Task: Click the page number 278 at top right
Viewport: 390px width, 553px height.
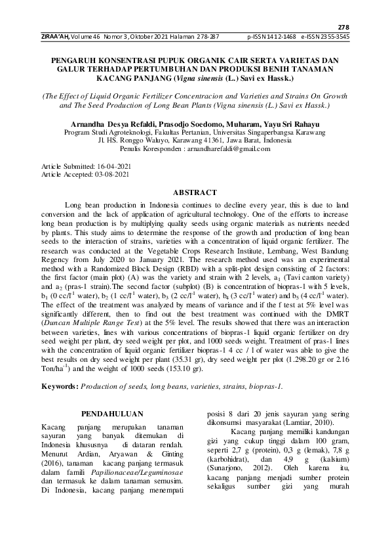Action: (344, 27)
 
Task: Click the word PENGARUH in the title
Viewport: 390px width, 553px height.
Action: (77, 60)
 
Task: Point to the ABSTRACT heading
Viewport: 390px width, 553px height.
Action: (194, 192)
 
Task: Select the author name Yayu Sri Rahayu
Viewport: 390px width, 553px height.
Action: (296, 123)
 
